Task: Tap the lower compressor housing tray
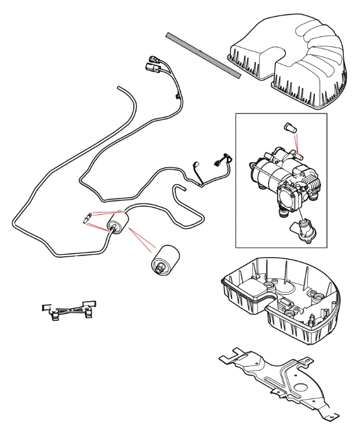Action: pos(278,301)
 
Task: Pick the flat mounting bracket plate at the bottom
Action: pos(278,376)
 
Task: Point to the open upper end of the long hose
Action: pos(118,87)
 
